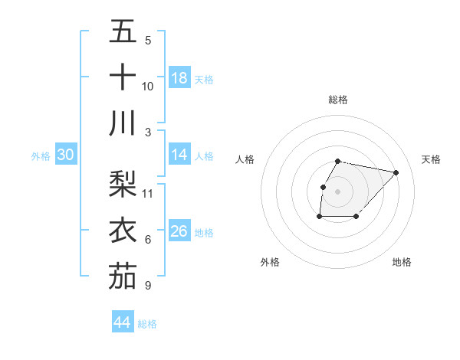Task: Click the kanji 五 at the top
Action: (x=123, y=32)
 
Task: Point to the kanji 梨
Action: (x=123, y=184)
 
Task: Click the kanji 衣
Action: (x=123, y=231)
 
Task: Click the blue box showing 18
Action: (x=179, y=77)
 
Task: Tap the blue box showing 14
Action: (x=179, y=155)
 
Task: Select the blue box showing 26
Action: (x=179, y=231)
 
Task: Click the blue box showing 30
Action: (x=65, y=155)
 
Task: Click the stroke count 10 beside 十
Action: (x=148, y=86)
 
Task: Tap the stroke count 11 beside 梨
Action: (x=148, y=193)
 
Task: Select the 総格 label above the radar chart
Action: (x=338, y=100)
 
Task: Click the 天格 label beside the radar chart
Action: (x=431, y=159)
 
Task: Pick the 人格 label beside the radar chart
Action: (x=245, y=159)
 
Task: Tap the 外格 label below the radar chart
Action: (x=270, y=262)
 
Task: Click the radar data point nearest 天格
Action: (x=396, y=173)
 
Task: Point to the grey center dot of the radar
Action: (x=338, y=191)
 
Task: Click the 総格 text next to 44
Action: (x=147, y=324)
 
